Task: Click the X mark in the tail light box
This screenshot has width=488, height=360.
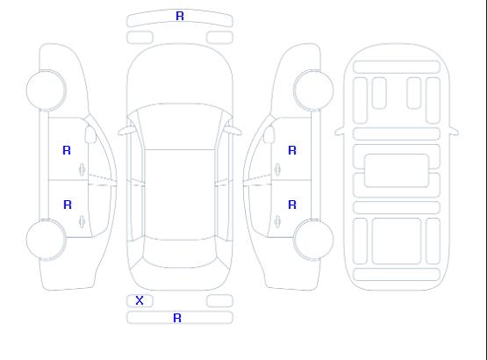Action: coord(140,300)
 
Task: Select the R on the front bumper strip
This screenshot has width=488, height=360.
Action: coord(180,16)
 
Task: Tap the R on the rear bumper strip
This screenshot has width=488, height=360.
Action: coord(177,318)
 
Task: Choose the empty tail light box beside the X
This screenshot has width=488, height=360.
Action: coord(219,301)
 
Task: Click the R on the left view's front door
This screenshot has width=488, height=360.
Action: coord(67,150)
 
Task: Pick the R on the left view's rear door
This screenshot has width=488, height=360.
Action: coord(68,205)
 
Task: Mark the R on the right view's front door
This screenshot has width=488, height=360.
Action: coord(292,150)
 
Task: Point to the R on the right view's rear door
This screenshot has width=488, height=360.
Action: coord(292,205)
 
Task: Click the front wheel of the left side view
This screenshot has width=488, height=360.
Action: coord(46,90)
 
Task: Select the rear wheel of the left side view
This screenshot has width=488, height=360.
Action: coord(46,240)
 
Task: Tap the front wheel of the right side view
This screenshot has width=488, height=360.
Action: coord(313,90)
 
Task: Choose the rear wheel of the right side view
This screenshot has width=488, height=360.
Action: coord(313,240)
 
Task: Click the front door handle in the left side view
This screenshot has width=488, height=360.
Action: coord(83,169)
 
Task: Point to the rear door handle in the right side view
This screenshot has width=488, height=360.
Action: coord(277,222)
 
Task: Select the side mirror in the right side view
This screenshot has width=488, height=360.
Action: coord(269,134)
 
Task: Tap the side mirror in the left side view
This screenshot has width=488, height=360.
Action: coord(90,134)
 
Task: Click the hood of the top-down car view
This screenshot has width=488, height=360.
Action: coord(180,75)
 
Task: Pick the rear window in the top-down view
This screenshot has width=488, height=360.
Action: coord(180,253)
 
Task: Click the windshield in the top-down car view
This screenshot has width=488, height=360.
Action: coord(180,126)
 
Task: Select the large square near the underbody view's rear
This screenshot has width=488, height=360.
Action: coord(397,241)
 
